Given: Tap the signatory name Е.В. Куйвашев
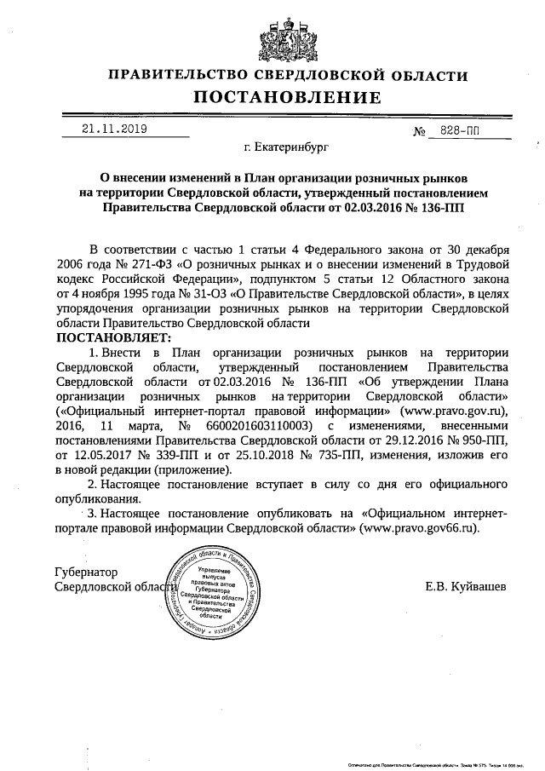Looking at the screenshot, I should pyautogui.click(x=464, y=587).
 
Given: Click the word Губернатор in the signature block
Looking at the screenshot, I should pyautogui.click(x=86, y=572).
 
